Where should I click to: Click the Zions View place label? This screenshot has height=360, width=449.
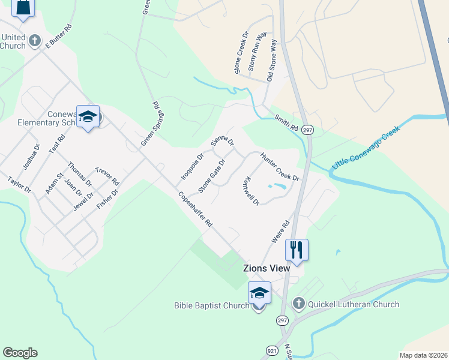266,268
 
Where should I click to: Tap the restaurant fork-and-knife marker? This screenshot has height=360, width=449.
297,249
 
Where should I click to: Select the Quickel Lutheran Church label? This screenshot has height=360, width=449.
353,304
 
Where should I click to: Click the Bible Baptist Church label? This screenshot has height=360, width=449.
211,305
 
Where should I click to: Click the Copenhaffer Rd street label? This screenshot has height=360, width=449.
195,209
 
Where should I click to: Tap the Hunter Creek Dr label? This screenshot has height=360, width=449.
279,167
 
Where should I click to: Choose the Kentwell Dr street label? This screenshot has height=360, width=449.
251,191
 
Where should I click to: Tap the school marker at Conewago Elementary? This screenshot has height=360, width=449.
88,116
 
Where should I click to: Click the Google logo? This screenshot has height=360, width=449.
20,353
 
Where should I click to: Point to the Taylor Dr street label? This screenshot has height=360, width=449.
19,185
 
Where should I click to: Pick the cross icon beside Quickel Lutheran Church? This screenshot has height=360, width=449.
299,304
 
